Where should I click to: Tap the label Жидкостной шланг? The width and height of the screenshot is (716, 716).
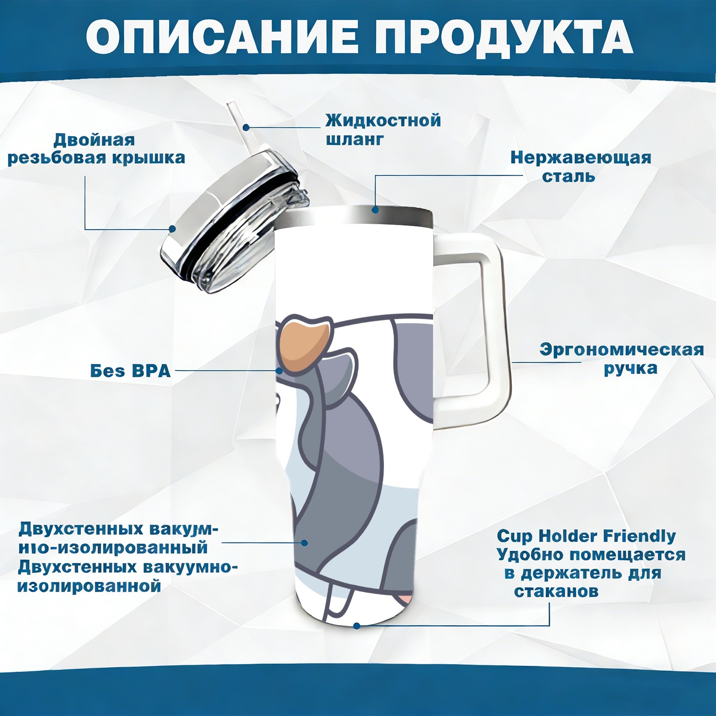[383, 130]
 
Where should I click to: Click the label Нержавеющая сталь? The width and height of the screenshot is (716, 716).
[581, 167]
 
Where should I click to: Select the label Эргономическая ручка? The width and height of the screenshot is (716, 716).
[622, 359]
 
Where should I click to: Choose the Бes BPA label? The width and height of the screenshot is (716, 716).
[131, 371]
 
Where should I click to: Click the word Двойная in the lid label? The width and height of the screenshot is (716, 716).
[94, 140]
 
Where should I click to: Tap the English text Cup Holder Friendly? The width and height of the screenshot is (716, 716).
[586, 536]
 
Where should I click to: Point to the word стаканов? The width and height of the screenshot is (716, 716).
[556, 591]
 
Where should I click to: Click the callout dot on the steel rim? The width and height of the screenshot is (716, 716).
[375, 209]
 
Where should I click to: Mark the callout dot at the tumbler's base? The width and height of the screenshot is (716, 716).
[357, 626]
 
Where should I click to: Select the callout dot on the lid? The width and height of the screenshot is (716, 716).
[172, 229]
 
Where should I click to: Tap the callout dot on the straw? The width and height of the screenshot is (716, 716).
[246, 127]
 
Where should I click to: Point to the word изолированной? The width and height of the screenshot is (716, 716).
[89, 586]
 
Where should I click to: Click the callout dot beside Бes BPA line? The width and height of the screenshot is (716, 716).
[280, 371]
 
